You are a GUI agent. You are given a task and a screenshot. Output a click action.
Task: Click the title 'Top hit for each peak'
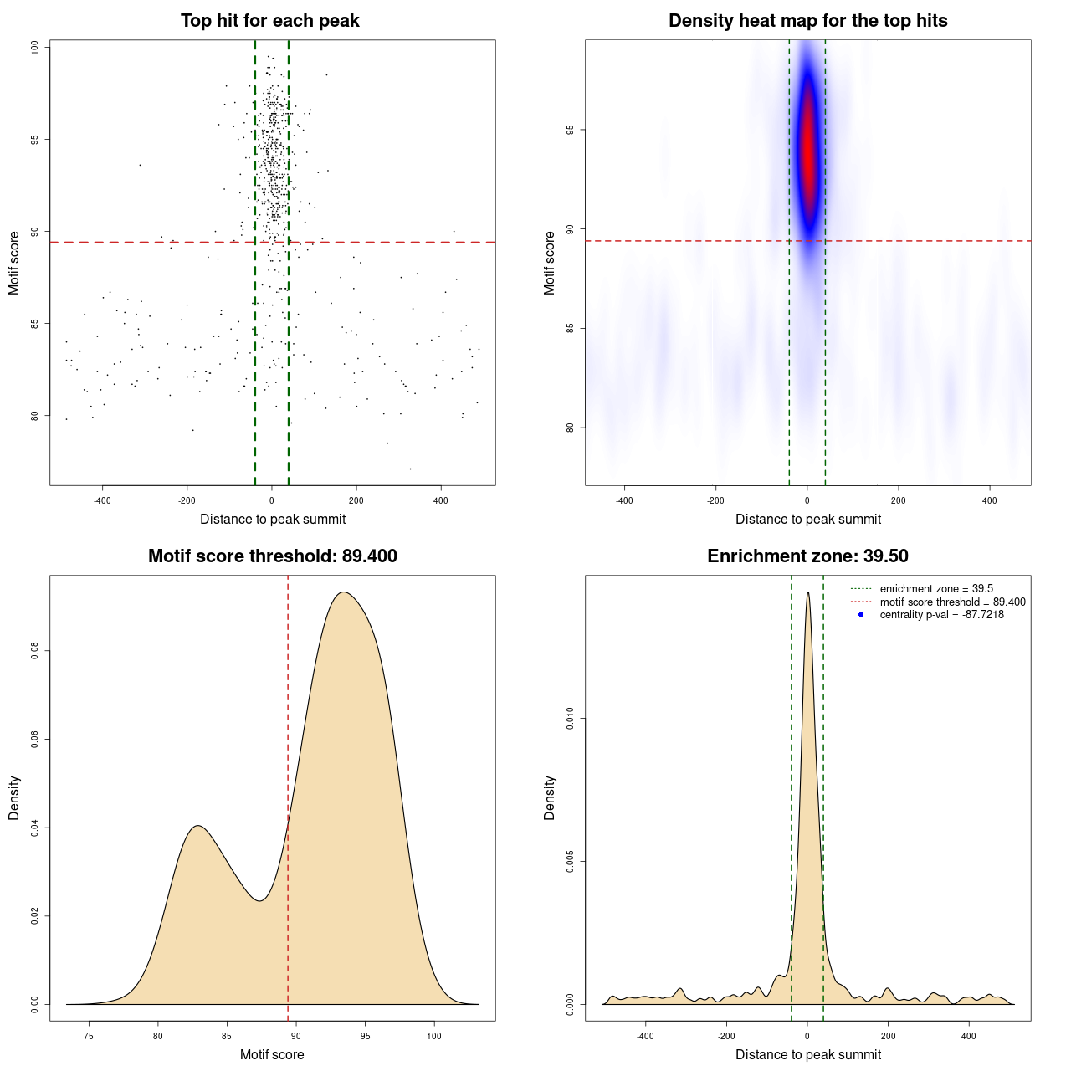[269, 21]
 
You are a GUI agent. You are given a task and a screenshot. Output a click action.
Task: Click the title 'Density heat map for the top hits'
[807, 21]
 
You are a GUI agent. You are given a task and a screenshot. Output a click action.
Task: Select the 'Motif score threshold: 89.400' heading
[272, 556]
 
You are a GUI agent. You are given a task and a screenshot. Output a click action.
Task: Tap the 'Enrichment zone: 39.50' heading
[807, 556]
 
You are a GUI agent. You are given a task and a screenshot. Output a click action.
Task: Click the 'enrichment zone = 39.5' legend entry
[936, 589]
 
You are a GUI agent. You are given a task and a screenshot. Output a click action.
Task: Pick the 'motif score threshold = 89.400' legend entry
[952, 602]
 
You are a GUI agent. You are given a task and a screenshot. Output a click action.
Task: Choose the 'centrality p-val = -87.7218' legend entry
[941, 615]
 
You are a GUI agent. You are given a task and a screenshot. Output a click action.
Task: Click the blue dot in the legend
[861, 615]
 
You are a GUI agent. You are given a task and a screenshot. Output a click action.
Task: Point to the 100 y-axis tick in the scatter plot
[34, 48]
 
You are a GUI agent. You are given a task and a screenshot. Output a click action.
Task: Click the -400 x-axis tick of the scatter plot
[102, 500]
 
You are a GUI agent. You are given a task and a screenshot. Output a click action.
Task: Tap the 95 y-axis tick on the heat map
[570, 130]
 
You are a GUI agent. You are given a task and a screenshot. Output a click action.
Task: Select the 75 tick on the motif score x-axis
[89, 1036]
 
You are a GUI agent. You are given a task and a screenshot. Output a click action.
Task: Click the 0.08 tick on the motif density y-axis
[34, 651]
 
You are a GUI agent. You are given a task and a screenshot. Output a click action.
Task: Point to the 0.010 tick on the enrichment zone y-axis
[570, 719]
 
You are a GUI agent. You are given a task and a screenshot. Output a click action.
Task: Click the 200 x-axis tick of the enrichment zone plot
[888, 1036]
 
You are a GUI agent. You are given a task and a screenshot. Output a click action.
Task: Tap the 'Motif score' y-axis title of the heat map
[550, 263]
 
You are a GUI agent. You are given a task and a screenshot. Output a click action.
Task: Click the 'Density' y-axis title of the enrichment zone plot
[550, 797]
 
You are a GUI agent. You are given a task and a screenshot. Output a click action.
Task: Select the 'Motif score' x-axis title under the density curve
[272, 1054]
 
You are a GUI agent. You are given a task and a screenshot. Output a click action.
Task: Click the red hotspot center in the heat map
[807, 151]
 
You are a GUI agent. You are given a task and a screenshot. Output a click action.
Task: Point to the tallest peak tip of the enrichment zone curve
[807, 593]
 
